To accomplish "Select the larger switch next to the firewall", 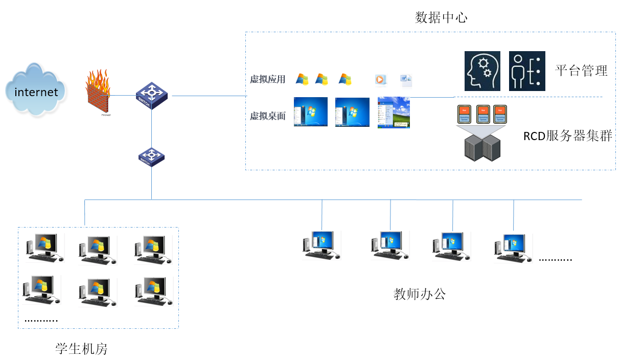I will coord(151,95).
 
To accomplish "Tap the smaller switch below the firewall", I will coord(151,156).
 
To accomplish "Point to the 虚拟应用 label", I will coord(267,79).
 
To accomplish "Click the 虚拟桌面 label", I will coord(267,116).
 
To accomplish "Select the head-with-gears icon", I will coord(482,71).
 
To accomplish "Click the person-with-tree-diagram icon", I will coord(527,71).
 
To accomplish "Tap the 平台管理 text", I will coord(581,71).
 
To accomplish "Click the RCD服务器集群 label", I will coord(567,136).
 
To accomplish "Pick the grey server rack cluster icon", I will coord(482,147).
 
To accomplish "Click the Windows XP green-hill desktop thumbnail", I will coord(394,112).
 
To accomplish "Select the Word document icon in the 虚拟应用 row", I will coord(406,80).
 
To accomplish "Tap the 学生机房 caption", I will coord(81,349).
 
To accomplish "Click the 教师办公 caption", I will coord(420,294).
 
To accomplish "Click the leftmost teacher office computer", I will coord(320,244).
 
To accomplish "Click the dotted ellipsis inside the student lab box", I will coord(41,321).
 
